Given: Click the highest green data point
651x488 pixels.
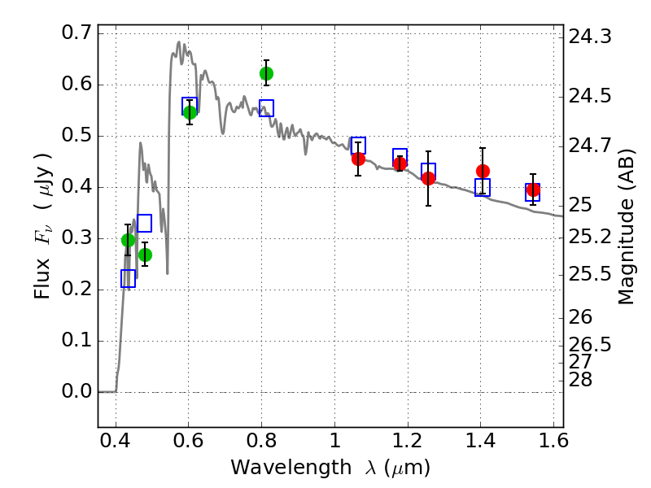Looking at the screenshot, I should (266, 74).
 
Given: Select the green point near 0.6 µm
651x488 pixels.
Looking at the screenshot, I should (190, 112).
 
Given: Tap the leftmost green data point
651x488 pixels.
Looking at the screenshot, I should (128, 240).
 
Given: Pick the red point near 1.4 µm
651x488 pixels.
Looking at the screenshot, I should (483, 171).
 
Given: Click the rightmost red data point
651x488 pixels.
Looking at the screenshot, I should (533, 190).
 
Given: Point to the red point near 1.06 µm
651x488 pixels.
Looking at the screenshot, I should (358, 159).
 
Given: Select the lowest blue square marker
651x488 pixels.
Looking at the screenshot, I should (128, 278).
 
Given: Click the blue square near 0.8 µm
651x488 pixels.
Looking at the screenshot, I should (266, 108).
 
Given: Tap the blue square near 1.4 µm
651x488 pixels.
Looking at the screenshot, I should (483, 188).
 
